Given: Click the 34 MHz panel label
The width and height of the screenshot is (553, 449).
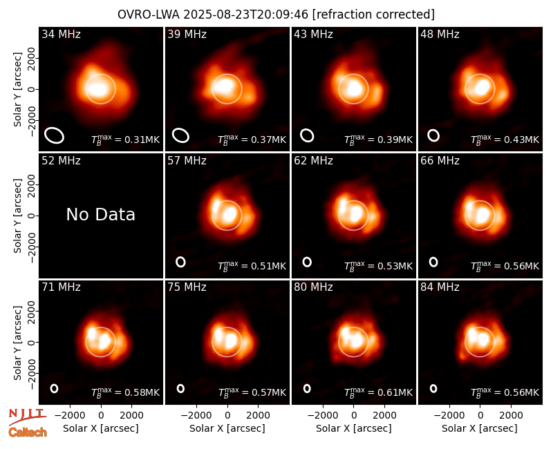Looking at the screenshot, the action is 61,34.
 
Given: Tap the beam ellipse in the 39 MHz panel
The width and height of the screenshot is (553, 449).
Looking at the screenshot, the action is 173,135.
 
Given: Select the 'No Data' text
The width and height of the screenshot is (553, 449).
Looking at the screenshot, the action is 100,214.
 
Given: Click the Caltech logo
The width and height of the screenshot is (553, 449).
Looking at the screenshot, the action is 28,432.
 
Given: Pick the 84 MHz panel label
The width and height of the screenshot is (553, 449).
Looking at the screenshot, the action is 440,287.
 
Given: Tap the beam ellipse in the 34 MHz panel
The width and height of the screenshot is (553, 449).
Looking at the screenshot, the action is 46,135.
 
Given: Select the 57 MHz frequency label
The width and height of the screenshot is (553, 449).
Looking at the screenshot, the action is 187,161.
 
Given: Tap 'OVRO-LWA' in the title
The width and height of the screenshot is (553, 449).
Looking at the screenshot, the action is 149,15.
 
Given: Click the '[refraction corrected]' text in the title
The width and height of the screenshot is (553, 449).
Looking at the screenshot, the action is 373,15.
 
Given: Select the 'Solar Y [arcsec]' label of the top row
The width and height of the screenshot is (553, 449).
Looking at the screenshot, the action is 17,90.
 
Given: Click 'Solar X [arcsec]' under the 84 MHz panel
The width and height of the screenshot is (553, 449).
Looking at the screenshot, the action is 480,428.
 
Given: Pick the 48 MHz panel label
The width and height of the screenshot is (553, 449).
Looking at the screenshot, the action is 440,34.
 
